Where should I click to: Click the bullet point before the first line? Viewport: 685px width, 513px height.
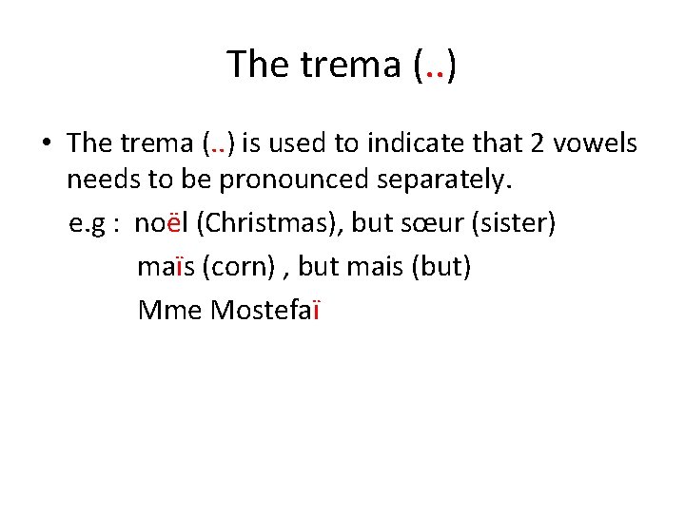(45, 144)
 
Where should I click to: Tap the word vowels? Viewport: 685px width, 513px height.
(598, 142)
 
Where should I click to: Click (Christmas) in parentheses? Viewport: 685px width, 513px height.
(269, 223)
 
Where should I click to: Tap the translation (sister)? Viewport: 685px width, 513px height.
(519, 223)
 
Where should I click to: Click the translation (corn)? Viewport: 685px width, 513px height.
(238, 267)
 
